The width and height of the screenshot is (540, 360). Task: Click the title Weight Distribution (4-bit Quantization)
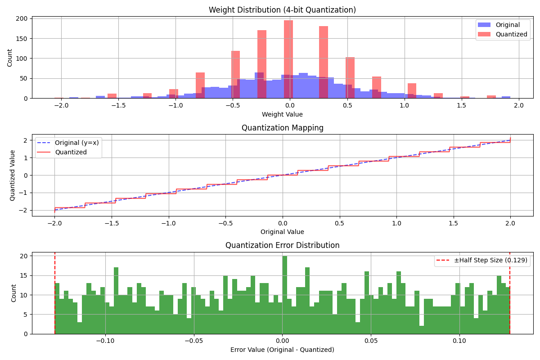[282, 10]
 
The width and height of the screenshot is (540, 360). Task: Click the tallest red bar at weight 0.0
[288, 58]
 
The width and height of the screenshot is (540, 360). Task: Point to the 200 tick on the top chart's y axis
[22, 19]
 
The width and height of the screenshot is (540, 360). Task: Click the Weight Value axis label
[282, 114]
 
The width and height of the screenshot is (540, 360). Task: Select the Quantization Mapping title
[282, 128]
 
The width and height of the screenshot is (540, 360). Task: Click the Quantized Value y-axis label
[13, 175]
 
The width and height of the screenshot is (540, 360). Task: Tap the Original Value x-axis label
[282, 232]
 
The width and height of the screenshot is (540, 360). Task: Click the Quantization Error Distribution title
[282, 245]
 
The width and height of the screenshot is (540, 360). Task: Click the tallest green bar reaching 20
[284, 295]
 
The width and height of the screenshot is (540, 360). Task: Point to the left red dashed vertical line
[55, 292]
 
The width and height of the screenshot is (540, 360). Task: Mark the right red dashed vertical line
[510, 292]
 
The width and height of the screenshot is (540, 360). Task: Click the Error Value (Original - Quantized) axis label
[282, 350]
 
